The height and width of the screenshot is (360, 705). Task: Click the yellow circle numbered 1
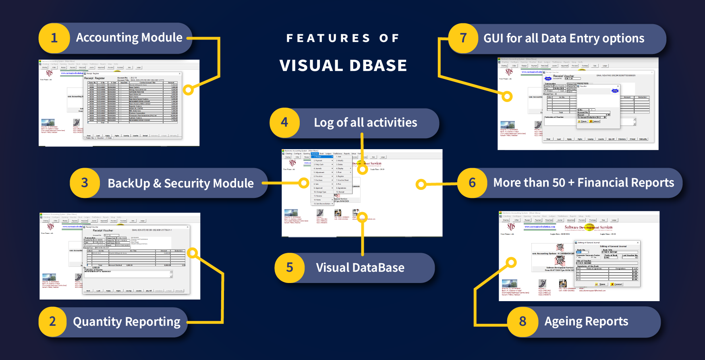(x=54, y=38)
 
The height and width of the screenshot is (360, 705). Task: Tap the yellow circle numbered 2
(x=52, y=322)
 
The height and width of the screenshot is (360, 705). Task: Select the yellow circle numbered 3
(x=85, y=183)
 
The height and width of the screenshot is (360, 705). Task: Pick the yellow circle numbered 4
(x=284, y=122)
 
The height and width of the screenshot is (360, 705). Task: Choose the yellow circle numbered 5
(x=289, y=268)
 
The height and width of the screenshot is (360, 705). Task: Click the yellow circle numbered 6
(x=472, y=183)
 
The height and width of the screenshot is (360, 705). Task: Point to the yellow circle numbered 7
(x=463, y=38)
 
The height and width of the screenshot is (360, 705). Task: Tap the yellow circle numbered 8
(x=523, y=322)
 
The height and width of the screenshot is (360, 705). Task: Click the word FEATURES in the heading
(x=328, y=38)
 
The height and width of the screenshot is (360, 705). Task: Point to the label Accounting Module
(x=129, y=37)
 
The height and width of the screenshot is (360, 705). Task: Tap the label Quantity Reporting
(x=126, y=322)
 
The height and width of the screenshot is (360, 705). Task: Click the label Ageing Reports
(x=586, y=321)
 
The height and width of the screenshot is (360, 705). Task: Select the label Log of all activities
(x=365, y=123)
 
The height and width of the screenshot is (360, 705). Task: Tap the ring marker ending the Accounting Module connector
(x=188, y=89)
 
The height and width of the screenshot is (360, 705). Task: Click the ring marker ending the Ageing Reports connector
(x=511, y=263)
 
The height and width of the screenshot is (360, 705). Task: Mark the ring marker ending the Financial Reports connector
(x=421, y=185)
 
